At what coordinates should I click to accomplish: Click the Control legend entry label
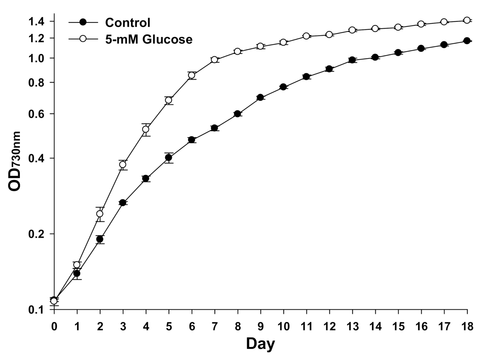pyautogui.click(x=128, y=23)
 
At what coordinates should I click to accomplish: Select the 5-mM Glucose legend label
pyautogui.click(x=149, y=39)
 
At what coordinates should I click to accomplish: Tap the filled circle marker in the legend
pyautogui.click(x=83, y=22)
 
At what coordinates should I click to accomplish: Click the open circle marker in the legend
pyautogui.click(x=83, y=39)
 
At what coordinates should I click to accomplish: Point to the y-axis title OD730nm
pyautogui.click(x=15, y=161)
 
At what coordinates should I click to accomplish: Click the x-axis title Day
pyautogui.click(x=260, y=343)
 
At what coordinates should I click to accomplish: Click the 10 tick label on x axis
pyautogui.click(x=283, y=327)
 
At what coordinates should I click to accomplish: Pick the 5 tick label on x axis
pyautogui.click(x=169, y=327)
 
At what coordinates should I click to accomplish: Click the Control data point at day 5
pyautogui.click(x=169, y=157)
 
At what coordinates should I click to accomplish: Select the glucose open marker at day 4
pyautogui.click(x=146, y=129)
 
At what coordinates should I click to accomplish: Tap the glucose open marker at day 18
pyautogui.click(x=467, y=20)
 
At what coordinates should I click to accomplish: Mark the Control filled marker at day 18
pyautogui.click(x=467, y=41)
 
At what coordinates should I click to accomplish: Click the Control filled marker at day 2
pyautogui.click(x=100, y=239)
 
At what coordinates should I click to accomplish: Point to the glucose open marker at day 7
pyautogui.click(x=214, y=59)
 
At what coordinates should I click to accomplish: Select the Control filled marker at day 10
pyautogui.click(x=283, y=87)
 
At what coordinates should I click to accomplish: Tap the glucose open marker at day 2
pyautogui.click(x=100, y=214)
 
